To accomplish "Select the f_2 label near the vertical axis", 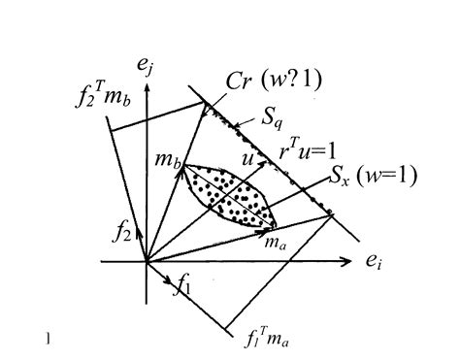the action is (122, 232).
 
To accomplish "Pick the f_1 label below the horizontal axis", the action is (181, 286).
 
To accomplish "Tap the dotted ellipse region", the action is (231, 194).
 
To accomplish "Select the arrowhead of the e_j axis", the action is (147, 88).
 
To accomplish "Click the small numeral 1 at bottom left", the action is (48, 339).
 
